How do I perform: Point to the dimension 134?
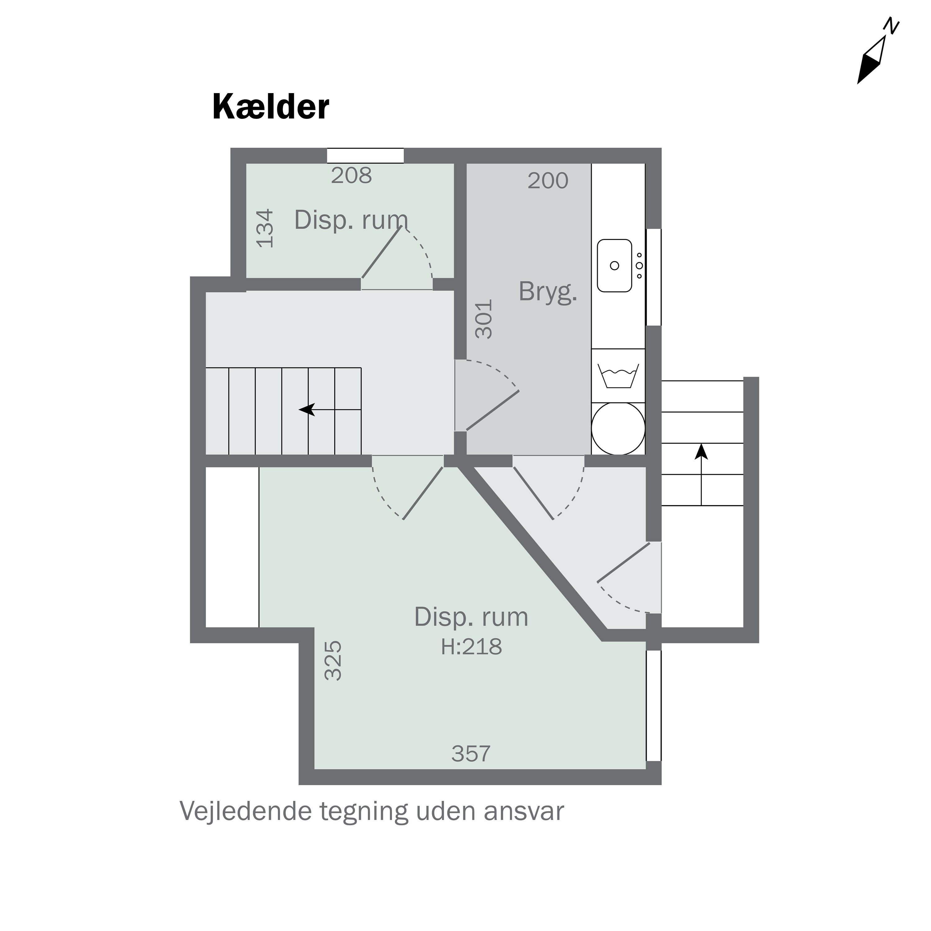tap(264, 228)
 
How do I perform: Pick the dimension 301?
tap(484, 319)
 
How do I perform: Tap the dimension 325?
tap(333, 660)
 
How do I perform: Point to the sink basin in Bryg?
tap(614, 266)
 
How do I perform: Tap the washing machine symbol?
tap(618, 376)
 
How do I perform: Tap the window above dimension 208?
tap(365, 156)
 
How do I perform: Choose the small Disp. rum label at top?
tap(351, 220)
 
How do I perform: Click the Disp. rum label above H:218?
tap(471, 617)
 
